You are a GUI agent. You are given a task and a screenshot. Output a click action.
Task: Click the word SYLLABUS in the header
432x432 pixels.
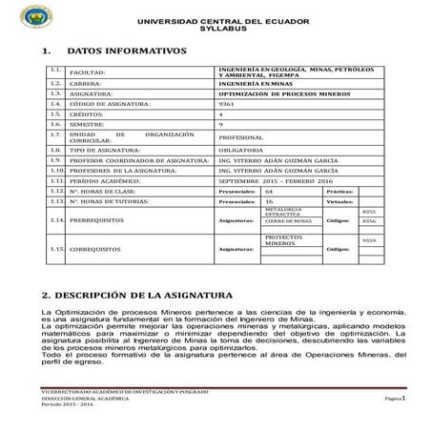point(215,30)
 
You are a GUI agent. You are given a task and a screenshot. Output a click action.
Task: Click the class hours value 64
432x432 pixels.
point(269,192)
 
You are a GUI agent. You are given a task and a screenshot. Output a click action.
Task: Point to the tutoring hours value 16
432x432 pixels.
point(269,202)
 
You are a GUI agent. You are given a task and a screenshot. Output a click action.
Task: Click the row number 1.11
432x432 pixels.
point(56,180)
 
